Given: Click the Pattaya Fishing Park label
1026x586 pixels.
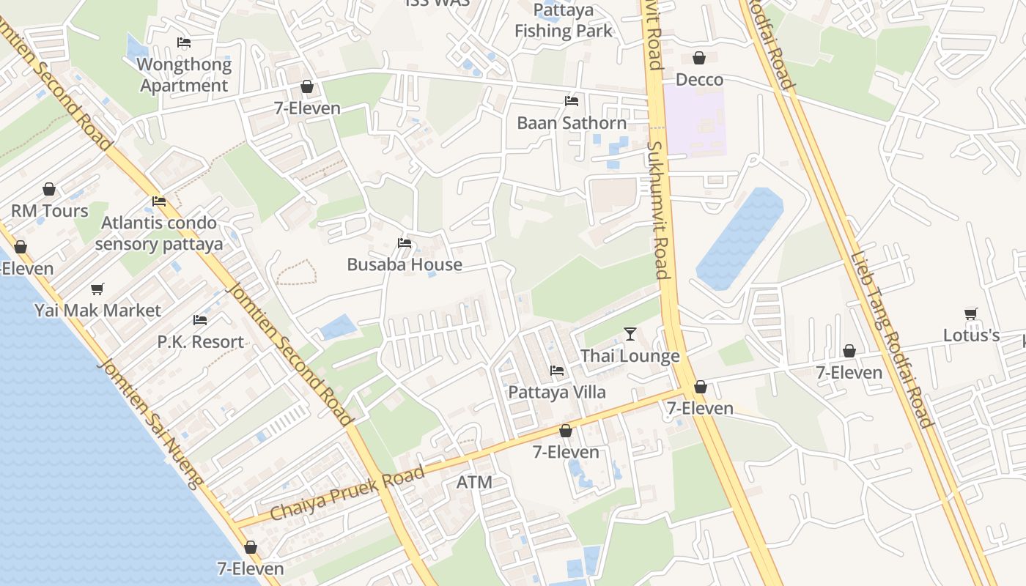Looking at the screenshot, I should [563, 21].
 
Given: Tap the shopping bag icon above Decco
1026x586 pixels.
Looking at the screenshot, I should [699, 58].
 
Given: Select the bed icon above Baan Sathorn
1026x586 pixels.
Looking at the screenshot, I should [572, 101].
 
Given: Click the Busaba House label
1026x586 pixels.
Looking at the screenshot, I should [405, 264].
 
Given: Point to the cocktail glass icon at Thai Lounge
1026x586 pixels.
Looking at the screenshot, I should [630, 334].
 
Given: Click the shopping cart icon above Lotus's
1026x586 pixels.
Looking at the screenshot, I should [971, 314].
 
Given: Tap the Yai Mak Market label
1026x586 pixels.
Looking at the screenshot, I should [97, 311].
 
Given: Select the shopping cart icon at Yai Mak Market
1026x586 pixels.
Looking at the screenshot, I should [97, 289].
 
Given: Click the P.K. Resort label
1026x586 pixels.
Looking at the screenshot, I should [200, 342].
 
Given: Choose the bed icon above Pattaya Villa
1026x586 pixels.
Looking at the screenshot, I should [557, 371].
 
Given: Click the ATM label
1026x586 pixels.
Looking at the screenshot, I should [474, 483].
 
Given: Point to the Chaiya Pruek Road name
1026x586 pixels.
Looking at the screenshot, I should [347, 493].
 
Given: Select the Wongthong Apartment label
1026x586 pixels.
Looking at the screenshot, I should [184, 75].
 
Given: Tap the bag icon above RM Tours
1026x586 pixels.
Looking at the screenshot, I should [49, 189].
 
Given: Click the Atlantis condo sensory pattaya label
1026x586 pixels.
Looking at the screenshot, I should [158, 233].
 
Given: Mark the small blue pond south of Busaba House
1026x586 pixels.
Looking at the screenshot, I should [337, 326].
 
